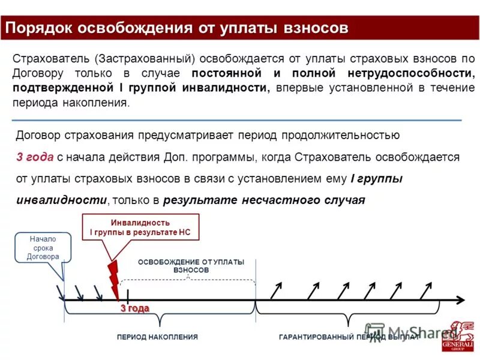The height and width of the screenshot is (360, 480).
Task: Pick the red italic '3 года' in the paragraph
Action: [34, 157]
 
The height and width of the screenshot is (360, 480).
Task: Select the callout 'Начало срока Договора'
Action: [43, 248]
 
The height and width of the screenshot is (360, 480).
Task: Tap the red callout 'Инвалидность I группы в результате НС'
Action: [140, 227]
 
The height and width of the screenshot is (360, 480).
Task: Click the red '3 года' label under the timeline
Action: [134, 308]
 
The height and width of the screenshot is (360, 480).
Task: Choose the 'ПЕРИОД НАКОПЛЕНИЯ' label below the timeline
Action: [157, 337]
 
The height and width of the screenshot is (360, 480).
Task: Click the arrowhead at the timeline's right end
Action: [460, 299]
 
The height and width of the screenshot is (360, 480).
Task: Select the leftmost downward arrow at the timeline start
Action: [61, 292]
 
